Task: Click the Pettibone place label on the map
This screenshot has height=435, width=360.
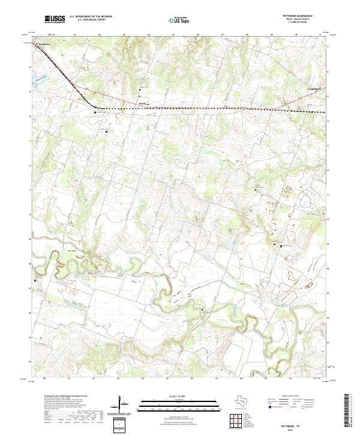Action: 143,103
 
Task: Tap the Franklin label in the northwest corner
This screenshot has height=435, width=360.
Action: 43,45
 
